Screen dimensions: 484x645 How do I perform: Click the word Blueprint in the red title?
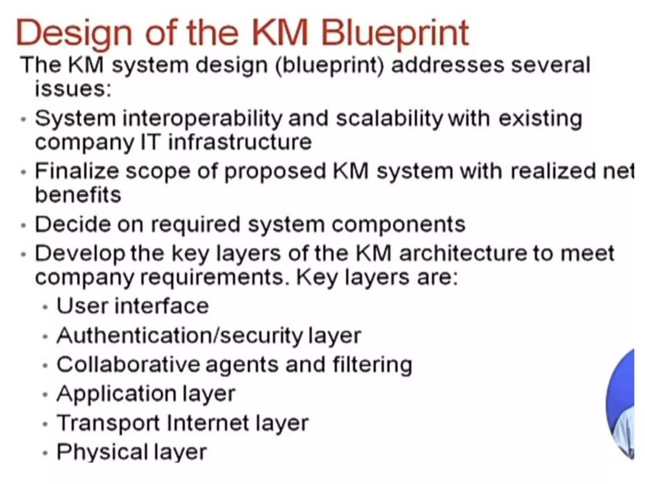pos(395,33)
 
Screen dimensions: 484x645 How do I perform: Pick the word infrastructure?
pos(240,142)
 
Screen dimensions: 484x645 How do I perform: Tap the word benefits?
pos(78,194)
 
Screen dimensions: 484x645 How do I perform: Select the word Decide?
pos(72,224)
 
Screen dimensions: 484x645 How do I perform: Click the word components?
pos(398,225)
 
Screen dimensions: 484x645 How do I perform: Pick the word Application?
pos(116,394)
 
